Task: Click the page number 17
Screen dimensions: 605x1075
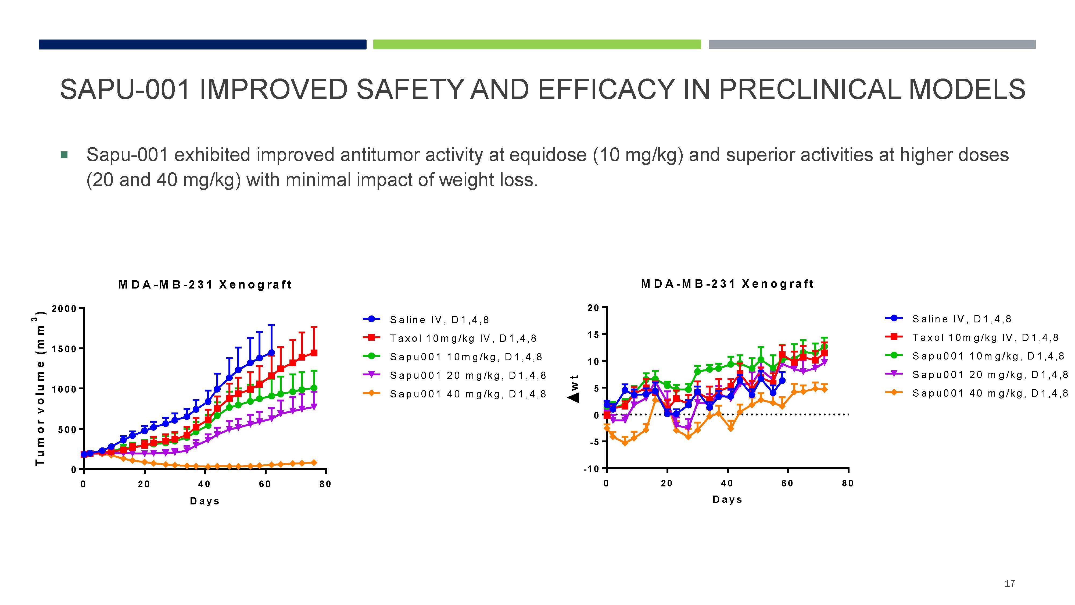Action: coord(1009,583)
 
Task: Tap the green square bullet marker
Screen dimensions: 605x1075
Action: coord(64,155)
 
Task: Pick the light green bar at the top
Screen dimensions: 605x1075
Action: coord(537,44)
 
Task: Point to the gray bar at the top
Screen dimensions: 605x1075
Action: coord(872,44)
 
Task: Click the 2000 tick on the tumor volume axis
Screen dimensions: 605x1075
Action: coord(64,309)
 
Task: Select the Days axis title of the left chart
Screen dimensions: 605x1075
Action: coord(205,501)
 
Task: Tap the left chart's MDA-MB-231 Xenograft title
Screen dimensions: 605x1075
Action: coord(205,285)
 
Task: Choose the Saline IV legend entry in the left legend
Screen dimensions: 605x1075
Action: coord(439,320)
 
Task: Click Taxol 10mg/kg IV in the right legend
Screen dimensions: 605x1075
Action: coord(985,337)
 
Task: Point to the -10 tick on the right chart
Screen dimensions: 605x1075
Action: coord(591,469)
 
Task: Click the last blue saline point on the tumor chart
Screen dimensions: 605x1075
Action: coord(272,353)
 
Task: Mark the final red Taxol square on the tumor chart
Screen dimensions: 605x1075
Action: coord(314,353)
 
